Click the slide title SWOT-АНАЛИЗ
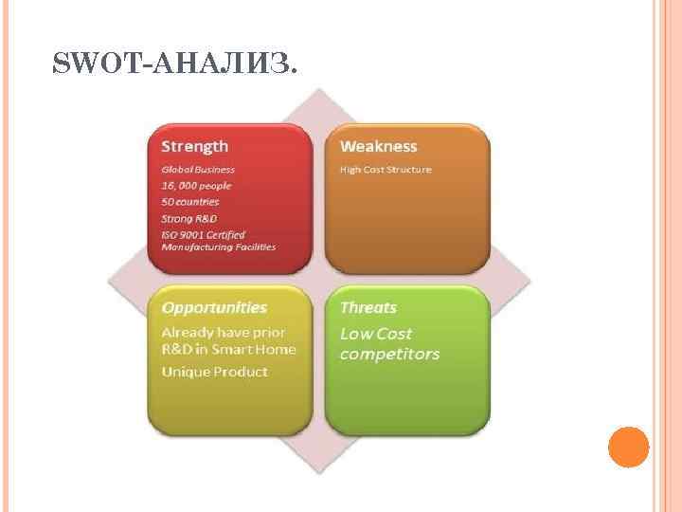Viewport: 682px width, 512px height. (175, 64)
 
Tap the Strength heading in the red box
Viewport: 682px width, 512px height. (194, 146)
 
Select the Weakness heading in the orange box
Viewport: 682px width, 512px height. (378, 146)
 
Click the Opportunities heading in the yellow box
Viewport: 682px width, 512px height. (214, 307)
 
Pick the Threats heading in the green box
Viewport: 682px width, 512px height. (368, 307)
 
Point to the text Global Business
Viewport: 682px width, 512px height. (198, 170)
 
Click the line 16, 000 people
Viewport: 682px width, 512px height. (196, 186)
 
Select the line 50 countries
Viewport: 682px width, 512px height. (190, 202)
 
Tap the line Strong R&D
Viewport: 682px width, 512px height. (189, 218)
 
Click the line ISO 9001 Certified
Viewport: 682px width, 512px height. (204, 234)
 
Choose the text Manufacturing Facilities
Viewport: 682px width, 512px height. (219, 247)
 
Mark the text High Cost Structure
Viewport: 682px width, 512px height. (386, 170)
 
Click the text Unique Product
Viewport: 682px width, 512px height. (214, 372)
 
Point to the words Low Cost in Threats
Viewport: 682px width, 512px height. (376, 334)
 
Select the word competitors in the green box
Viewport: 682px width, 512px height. (389, 355)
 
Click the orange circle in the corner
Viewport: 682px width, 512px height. (628, 447)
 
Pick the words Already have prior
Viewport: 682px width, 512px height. (224, 333)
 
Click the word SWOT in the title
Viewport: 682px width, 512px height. (86, 64)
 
